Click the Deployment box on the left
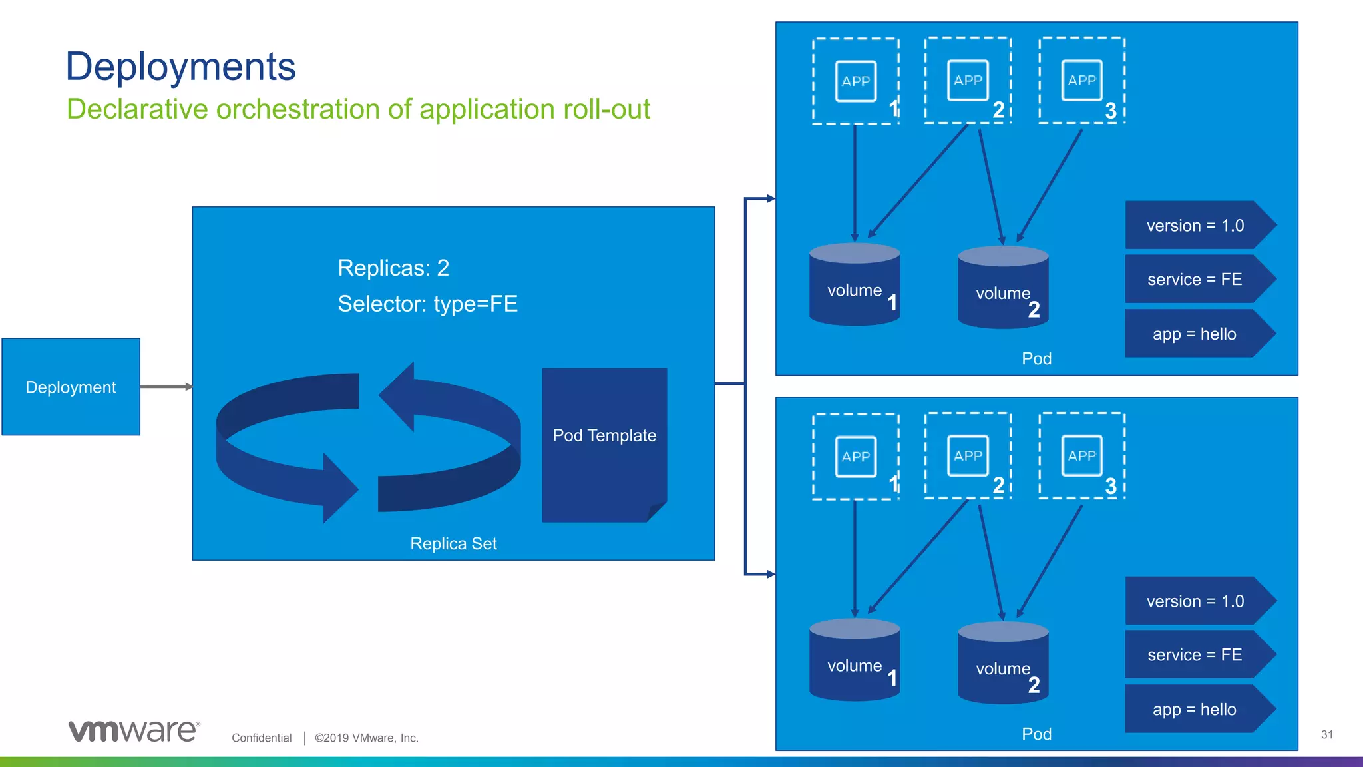pyautogui.click(x=71, y=387)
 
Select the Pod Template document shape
pyautogui.click(x=604, y=443)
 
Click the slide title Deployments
pyautogui.click(x=180, y=67)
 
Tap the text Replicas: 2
pyautogui.click(x=393, y=268)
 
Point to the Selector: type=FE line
pyautogui.click(x=427, y=304)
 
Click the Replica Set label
pyautogui.click(x=453, y=543)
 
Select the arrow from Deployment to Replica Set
pyautogui.click(x=166, y=387)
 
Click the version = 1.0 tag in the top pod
pyautogui.click(x=1195, y=226)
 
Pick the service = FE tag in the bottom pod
pyautogui.click(x=1195, y=655)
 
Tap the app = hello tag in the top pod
pyautogui.click(x=1195, y=334)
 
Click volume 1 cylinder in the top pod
pyautogui.click(x=855, y=286)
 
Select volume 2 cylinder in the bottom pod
pyautogui.click(x=1003, y=664)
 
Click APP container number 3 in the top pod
pyautogui.click(x=1081, y=81)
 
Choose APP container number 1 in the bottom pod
pyautogui.click(x=856, y=456)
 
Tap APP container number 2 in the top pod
pyautogui.click(x=968, y=81)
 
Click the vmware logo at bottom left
pyautogui.click(x=133, y=731)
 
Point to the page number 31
pyautogui.click(x=1326, y=735)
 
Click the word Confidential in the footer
pyautogui.click(x=262, y=738)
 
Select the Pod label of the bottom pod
pyautogui.click(x=1036, y=734)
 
